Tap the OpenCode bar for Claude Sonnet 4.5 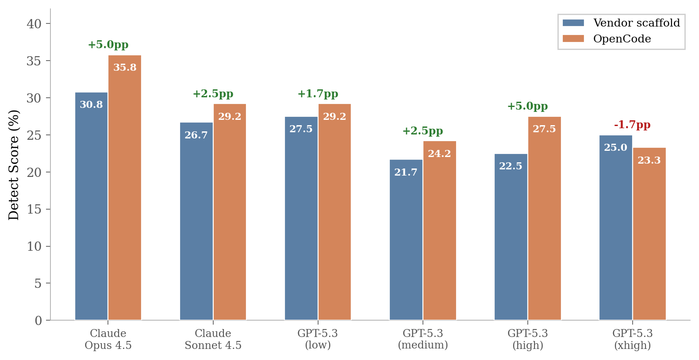pos(230,212)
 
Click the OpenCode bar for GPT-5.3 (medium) pos(439,230)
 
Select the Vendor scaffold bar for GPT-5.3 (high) pos(511,237)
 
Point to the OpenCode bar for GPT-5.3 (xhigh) pos(649,234)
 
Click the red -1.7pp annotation pos(632,125)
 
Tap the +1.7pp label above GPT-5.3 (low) pos(318,94)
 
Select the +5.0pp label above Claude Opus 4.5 pos(108,45)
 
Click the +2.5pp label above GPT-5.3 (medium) pos(422,131)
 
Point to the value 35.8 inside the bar pos(125,68)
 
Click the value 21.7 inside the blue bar pos(406,172)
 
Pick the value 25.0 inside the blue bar pos(615,148)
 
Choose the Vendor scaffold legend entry pos(621,23)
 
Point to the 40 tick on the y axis pos(34,24)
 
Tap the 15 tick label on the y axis pos(34,209)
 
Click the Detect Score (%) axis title pos(14,165)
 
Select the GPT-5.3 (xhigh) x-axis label pos(632,339)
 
